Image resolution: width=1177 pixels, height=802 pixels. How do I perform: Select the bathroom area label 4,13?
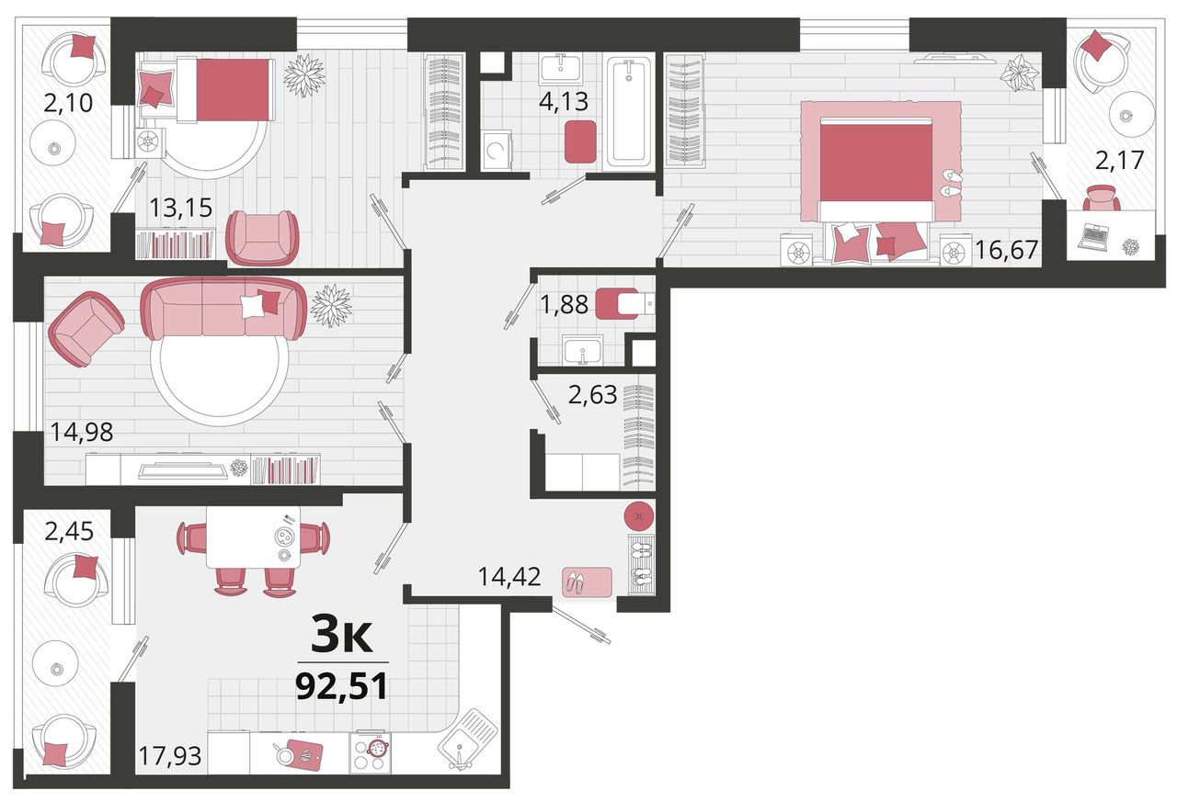[x=564, y=101]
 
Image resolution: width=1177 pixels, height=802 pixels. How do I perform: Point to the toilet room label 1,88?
[x=565, y=304]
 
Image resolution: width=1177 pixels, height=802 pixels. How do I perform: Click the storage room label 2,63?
[x=593, y=395]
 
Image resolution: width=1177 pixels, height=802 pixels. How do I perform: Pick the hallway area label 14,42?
[x=509, y=577]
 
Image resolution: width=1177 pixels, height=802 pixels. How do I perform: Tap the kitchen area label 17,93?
[x=170, y=756]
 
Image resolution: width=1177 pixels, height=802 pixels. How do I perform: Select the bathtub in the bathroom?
[x=628, y=114]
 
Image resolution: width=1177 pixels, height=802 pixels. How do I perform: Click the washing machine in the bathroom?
[x=497, y=150]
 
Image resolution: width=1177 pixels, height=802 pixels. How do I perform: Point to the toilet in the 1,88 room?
[x=624, y=303]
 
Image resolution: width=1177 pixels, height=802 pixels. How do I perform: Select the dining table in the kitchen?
[x=253, y=537]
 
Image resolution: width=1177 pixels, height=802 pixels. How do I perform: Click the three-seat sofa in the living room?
[x=223, y=310]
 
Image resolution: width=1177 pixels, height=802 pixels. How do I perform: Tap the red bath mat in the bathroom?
[x=580, y=141]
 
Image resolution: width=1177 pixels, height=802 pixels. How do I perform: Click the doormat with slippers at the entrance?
[x=587, y=582]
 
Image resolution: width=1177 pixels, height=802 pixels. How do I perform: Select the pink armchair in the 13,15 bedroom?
[x=262, y=238]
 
